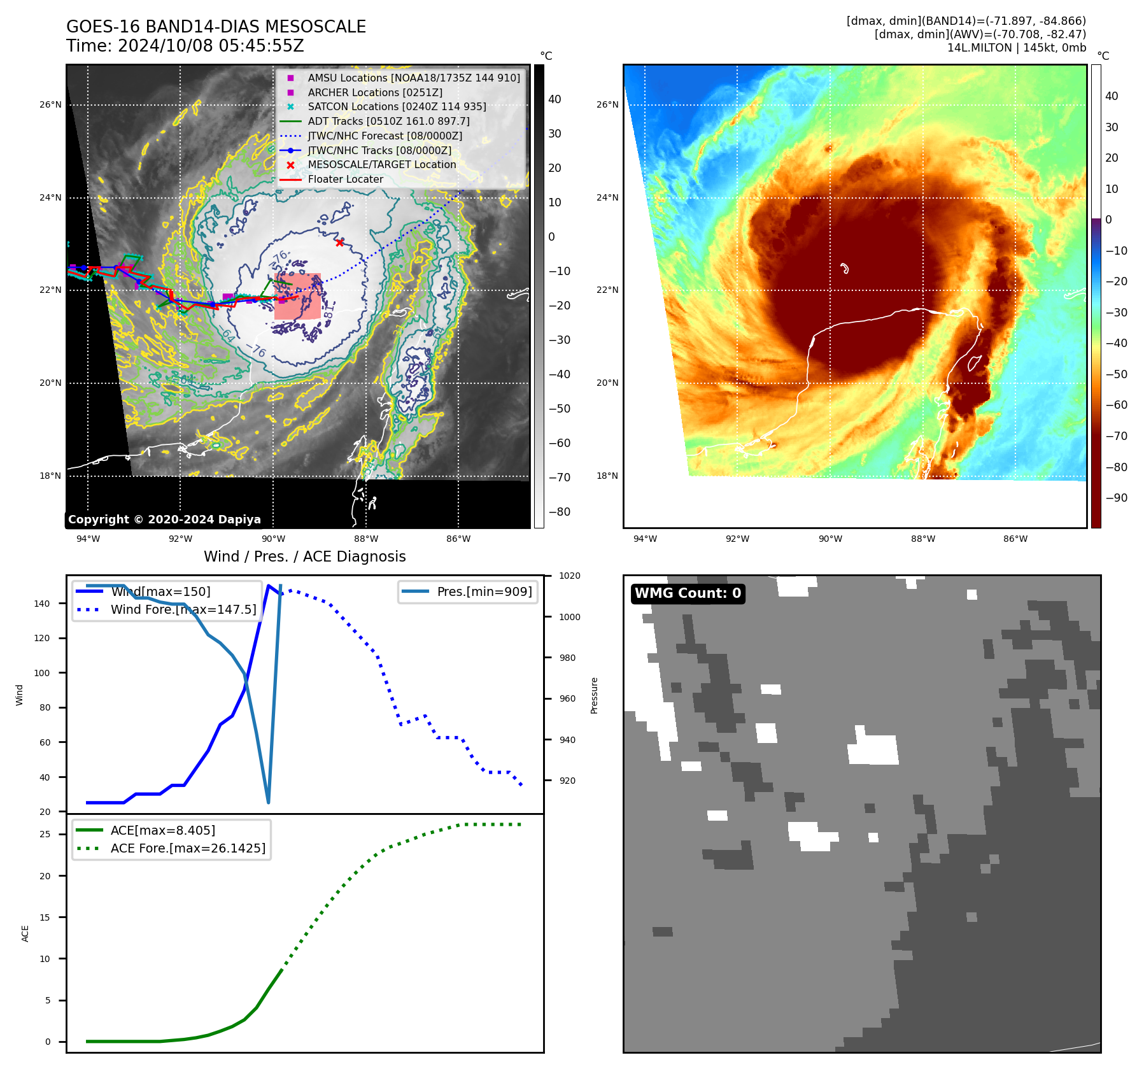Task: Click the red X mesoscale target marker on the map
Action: click(x=340, y=243)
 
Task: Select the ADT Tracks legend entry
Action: click(x=388, y=121)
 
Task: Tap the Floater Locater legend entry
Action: click(x=345, y=179)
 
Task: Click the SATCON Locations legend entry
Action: click(x=397, y=106)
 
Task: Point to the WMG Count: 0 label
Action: click(x=688, y=593)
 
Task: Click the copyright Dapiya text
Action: click(x=164, y=520)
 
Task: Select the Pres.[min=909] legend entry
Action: click(x=484, y=591)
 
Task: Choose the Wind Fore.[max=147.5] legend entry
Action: click(x=183, y=609)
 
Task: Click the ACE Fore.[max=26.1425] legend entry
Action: click(x=188, y=848)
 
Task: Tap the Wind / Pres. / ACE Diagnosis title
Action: click(x=304, y=556)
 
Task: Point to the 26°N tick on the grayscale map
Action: click(x=50, y=105)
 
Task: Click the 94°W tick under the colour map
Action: click(x=645, y=539)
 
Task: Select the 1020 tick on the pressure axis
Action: click(x=569, y=576)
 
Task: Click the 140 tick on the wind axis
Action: click(x=42, y=604)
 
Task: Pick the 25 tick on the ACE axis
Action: click(x=45, y=834)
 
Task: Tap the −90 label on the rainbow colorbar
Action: click(x=1116, y=498)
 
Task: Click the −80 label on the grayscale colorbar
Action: click(x=560, y=512)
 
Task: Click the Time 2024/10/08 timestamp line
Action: click(x=185, y=46)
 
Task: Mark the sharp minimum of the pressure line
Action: click(x=268, y=802)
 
